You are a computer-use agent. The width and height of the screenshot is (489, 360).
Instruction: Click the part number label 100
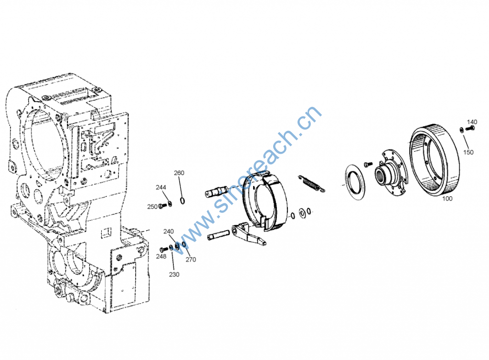[x=447, y=199]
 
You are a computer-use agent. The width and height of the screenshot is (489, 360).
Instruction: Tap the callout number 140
[x=472, y=122]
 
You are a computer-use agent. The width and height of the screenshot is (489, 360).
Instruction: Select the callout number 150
[x=468, y=152]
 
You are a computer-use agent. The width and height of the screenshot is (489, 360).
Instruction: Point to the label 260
[x=179, y=173]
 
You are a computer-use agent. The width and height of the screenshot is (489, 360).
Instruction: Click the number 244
[x=161, y=187]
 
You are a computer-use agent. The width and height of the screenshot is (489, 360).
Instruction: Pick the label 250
[x=152, y=207]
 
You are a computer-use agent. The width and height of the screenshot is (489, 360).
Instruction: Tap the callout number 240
[x=169, y=232]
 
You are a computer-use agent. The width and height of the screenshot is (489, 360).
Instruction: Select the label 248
[x=161, y=256]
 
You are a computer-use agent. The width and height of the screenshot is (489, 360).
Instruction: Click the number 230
[x=174, y=275]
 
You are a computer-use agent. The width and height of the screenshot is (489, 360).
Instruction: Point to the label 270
[x=191, y=260]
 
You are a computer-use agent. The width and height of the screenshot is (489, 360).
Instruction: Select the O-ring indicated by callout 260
[x=182, y=201]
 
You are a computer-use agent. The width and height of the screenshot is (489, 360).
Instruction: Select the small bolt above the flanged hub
[x=368, y=164]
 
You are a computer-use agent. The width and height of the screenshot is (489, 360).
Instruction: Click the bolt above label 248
[x=163, y=249]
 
